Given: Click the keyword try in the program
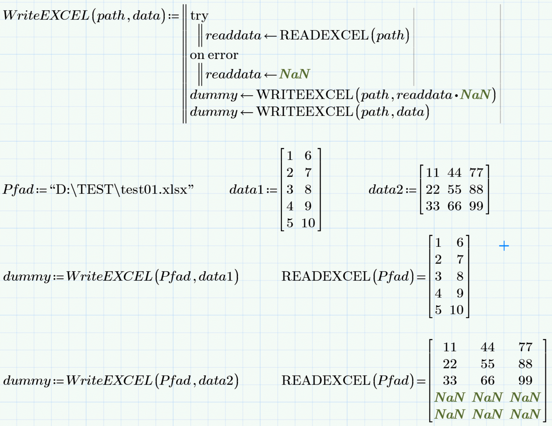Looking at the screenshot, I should [x=199, y=16].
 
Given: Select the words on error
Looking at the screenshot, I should [x=214, y=55].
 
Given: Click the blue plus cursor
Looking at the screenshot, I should [x=504, y=246].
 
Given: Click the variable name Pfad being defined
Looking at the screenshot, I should [x=18, y=190].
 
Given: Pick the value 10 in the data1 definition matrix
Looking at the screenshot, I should [x=308, y=223].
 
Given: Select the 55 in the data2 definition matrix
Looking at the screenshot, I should [x=454, y=190].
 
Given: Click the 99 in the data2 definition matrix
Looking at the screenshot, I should [x=476, y=206].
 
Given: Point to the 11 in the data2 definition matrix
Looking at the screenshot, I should [x=432, y=173].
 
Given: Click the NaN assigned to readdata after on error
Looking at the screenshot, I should [x=294, y=74].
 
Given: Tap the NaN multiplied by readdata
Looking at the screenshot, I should [x=475, y=95].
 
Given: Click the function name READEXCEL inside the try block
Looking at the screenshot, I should [x=324, y=35].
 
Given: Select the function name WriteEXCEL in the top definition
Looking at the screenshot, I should [x=46, y=15].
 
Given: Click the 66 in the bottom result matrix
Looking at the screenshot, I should [x=487, y=381].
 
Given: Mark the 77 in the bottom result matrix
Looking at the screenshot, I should [x=525, y=347].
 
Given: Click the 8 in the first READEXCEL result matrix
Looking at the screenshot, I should [x=460, y=276].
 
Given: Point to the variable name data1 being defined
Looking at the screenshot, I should [x=246, y=190].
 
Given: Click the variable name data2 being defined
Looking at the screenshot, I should [x=386, y=190].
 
